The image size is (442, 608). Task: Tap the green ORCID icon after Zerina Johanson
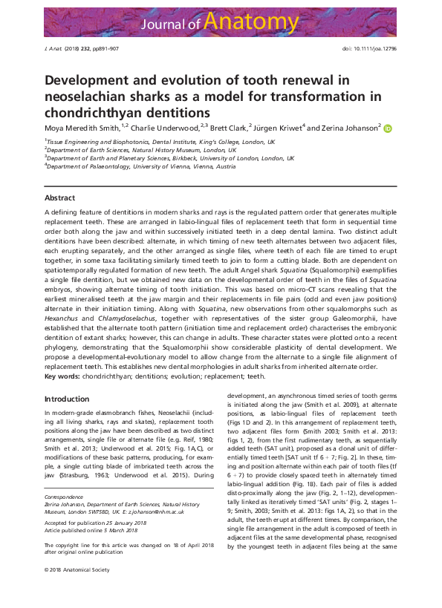pos(388,127)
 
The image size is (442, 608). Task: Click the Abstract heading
pos(59,198)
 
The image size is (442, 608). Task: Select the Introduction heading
pos(67,399)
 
